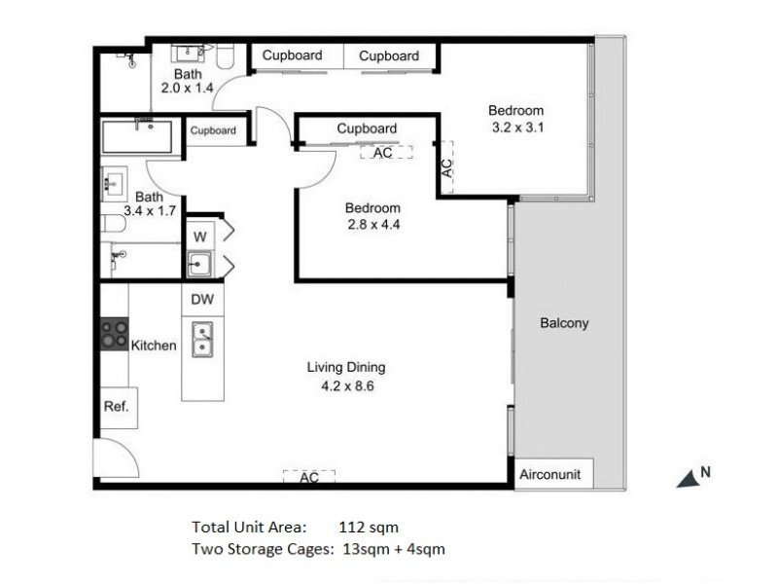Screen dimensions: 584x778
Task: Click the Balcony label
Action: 565,323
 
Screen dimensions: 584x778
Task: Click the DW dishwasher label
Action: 202,300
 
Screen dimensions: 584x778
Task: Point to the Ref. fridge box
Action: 116,406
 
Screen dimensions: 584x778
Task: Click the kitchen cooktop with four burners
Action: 114,334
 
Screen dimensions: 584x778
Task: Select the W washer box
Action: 199,236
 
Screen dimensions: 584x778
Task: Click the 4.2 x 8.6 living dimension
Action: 347,385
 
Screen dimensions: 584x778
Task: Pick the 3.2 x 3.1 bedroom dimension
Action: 515,127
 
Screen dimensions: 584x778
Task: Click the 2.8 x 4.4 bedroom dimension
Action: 373,225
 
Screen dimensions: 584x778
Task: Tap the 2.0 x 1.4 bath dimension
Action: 187,88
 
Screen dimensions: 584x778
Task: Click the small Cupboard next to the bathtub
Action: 213,130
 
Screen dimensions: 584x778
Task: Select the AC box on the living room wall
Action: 309,477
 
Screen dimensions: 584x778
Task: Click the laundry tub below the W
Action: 199,264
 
